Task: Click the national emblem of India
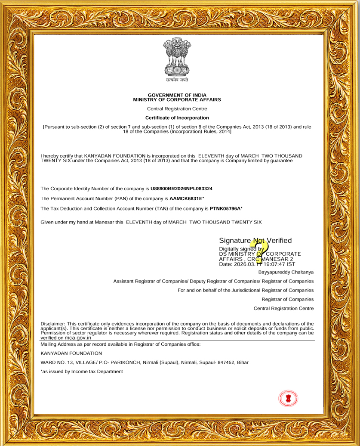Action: pyautogui.click(x=177, y=57)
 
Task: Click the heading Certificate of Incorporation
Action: pyautogui.click(x=177, y=118)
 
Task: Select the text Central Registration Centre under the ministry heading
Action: pyautogui.click(x=177, y=108)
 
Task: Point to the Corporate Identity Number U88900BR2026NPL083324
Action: pyautogui.click(x=182, y=189)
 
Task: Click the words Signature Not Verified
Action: pyautogui.click(x=255, y=240)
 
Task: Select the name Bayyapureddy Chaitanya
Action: pyautogui.click(x=286, y=272)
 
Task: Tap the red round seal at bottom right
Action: pyautogui.click(x=288, y=398)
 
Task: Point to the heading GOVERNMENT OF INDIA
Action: pyautogui.click(x=177, y=95)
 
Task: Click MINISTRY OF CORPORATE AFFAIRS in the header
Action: pyautogui.click(x=177, y=99)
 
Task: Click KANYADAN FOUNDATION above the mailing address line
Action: pyautogui.click(x=65, y=353)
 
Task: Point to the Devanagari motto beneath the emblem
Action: pyautogui.click(x=177, y=81)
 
